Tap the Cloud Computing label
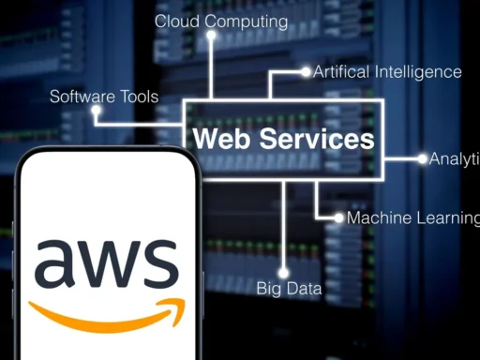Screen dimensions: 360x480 point(221,20)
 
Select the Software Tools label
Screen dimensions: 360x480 point(104,96)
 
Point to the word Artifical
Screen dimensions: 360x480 point(342,71)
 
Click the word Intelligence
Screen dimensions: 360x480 point(418,71)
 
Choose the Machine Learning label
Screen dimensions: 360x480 point(412,217)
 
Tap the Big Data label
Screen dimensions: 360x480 point(289,289)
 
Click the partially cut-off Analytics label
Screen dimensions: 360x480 point(455,158)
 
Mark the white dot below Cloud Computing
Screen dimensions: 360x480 point(212,36)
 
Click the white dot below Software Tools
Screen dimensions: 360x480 point(97,111)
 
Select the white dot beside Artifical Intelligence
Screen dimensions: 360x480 point(305,71)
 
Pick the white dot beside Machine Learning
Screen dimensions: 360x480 point(338,217)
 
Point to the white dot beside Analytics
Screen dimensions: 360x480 point(422,158)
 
